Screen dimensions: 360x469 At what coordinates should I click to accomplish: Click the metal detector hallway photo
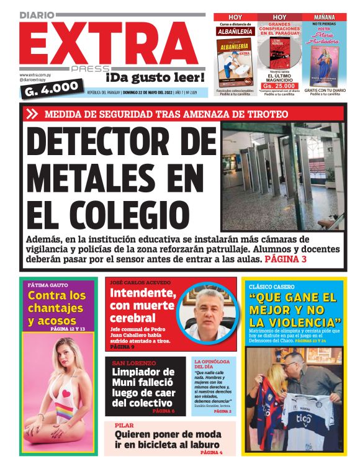click(283, 176)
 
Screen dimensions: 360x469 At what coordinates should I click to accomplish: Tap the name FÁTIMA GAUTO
click(47, 285)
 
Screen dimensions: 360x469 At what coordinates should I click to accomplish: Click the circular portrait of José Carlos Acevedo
click(207, 313)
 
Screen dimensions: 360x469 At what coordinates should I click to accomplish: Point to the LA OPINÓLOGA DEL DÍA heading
click(212, 364)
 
